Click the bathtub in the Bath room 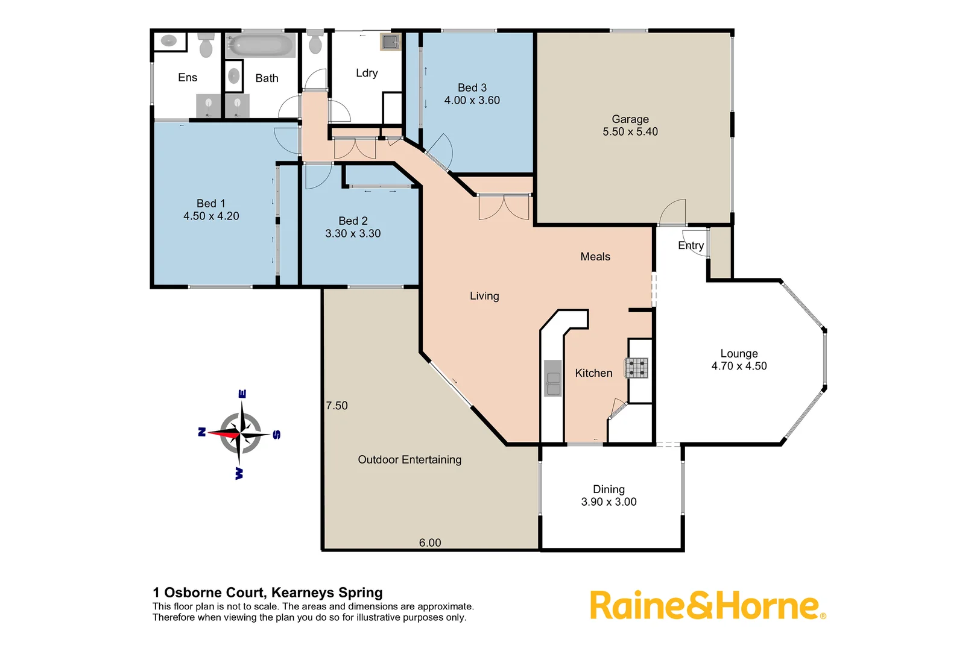point(260,45)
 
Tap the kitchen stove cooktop point(636,368)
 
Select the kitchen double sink point(552,378)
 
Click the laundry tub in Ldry point(390,42)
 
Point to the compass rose point(241,433)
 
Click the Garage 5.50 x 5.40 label point(630,125)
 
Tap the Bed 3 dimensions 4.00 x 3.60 point(472,101)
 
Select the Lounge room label point(739,354)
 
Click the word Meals point(595,257)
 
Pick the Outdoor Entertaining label point(409,460)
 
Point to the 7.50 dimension point(337,406)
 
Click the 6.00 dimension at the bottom point(430,542)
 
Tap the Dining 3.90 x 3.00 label point(609,495)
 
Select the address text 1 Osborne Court point(268,593)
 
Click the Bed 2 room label point(353,221)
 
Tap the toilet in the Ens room point(206,45)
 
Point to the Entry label point(691,245)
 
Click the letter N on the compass point(202,432)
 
